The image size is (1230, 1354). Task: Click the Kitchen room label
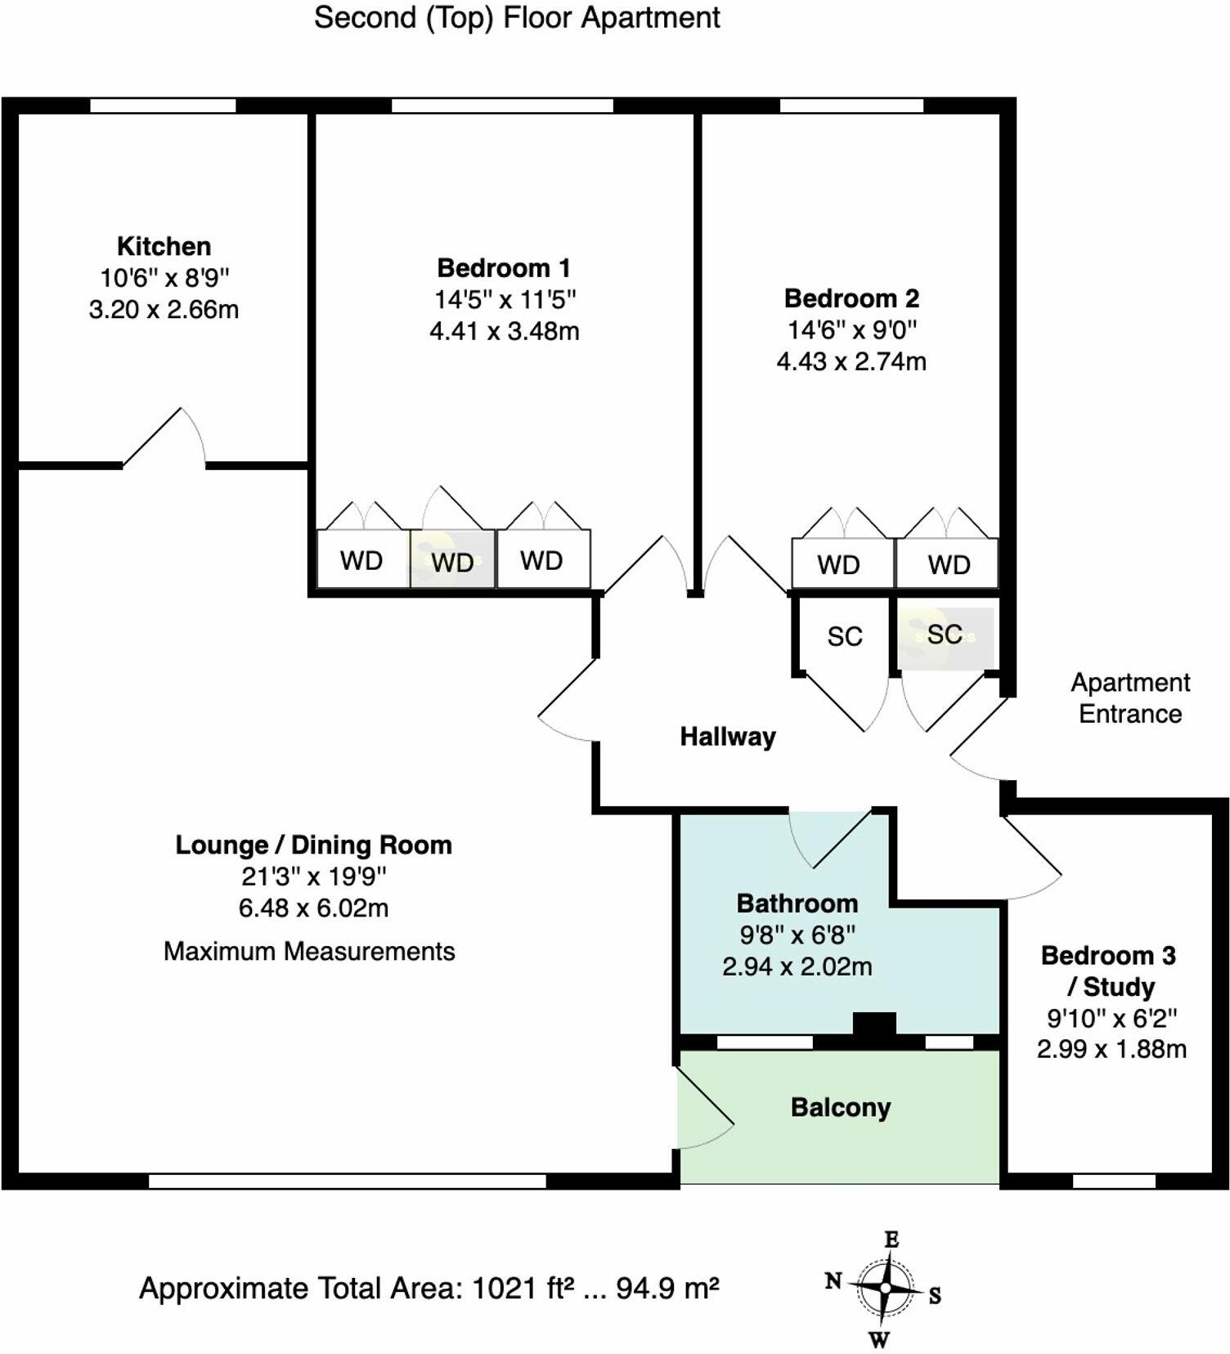coord(164,246)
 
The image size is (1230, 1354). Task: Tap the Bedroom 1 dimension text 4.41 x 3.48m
coord(504,331)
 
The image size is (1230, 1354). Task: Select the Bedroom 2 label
coord(851,298)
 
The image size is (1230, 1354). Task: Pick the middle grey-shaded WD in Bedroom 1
coord(452,561)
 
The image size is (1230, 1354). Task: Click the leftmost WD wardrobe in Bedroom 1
coord(361,560)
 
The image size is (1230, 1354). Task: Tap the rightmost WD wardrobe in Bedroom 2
coord(948,563)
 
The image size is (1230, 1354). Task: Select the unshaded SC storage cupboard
coord(844,636)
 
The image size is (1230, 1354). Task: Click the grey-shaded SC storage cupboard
coord(945,634)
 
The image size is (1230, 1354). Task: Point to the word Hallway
coord(727,737)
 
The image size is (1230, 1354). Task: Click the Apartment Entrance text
coord(1130,698)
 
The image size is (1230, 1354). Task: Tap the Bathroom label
coord(797,903)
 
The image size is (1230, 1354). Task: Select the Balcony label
coord(840,1108)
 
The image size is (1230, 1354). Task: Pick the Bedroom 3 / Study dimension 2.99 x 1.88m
coord(1111,1049)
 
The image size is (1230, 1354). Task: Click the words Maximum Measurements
coord(309,952)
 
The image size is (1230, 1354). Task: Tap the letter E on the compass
coord(891,1240)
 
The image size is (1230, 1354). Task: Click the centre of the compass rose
coord(885,1288)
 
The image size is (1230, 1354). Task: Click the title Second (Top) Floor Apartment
coord(517,18)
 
